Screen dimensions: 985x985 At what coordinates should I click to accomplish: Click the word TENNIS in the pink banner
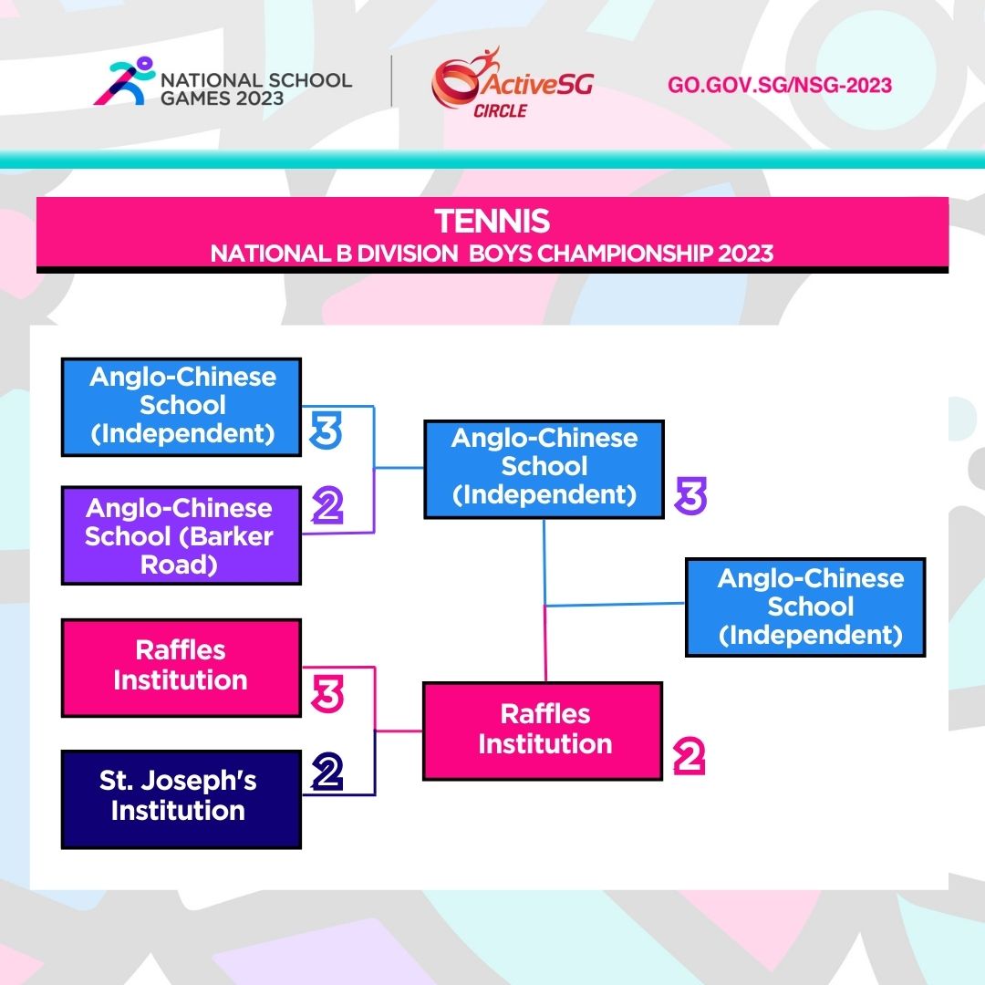492,221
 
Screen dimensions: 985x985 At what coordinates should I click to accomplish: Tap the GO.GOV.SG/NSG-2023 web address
780,85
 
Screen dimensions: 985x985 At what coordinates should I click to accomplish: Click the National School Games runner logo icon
124,80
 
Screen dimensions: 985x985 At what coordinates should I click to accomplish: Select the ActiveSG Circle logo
512,82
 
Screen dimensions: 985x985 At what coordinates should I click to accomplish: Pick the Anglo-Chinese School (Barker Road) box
181,536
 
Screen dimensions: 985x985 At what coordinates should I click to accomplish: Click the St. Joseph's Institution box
181,799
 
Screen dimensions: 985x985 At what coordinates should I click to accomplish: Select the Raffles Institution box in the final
543,731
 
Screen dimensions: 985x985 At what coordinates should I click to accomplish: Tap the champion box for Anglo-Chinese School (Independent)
805,607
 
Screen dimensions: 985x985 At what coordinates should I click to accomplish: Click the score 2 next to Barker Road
328,505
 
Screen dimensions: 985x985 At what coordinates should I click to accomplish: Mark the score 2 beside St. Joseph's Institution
327,771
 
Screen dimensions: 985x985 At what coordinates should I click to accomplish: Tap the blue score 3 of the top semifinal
326,430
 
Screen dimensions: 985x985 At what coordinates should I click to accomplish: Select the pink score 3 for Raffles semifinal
327,694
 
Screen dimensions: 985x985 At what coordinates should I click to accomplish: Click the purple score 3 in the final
691,495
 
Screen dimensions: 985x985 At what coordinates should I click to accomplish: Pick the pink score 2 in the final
689,756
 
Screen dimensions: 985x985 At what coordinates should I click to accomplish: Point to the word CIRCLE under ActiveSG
500,111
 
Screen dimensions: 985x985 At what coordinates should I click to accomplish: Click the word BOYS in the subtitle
501,254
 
